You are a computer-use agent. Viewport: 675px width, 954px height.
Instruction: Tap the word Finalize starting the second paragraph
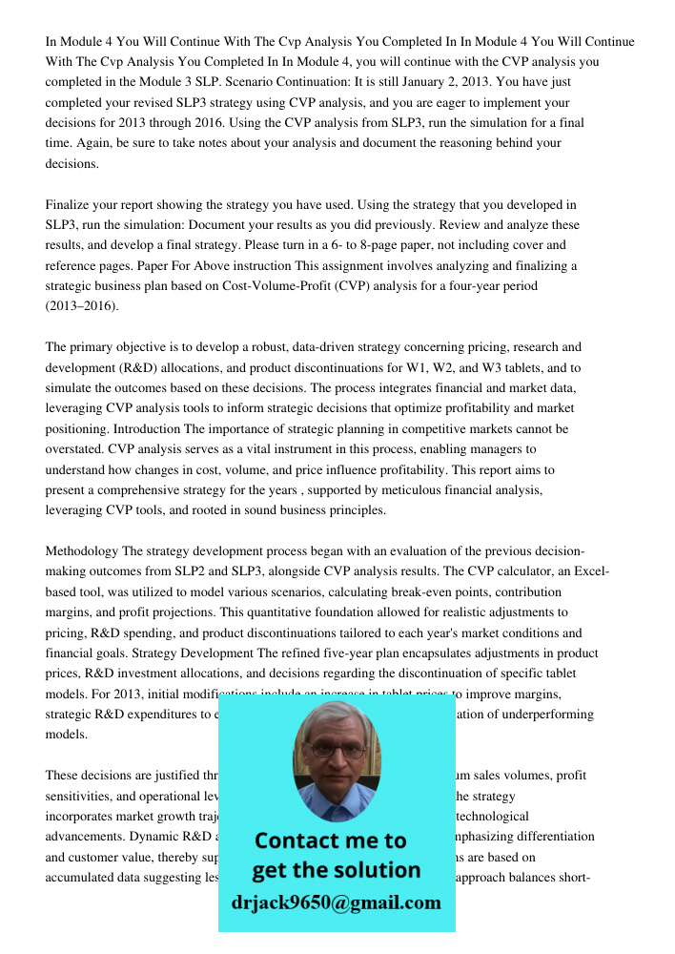click(70, 205)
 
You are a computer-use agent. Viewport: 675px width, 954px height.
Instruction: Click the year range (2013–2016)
click(81, 306)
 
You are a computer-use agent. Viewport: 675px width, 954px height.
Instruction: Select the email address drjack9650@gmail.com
click(337, 902)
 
